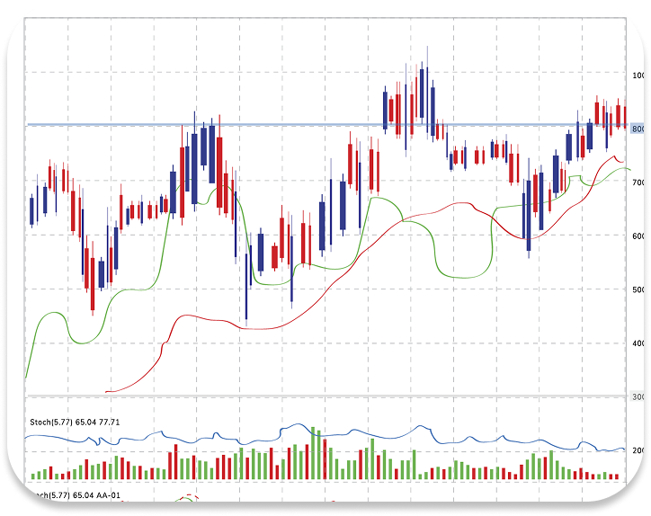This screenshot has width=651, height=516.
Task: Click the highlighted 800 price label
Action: (638, 129)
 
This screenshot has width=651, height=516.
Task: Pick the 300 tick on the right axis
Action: (637, 396)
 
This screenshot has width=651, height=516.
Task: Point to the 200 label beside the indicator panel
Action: (637, 449)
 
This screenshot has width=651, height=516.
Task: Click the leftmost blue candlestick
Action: (32, 211)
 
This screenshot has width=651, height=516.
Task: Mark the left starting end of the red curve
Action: (106, 391)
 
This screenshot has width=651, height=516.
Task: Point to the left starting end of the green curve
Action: (26, 378)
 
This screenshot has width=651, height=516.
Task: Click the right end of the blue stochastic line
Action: (625, 449)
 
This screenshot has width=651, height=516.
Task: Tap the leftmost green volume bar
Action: (33, 475)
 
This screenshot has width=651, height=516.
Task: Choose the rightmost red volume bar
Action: (617, 476)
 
